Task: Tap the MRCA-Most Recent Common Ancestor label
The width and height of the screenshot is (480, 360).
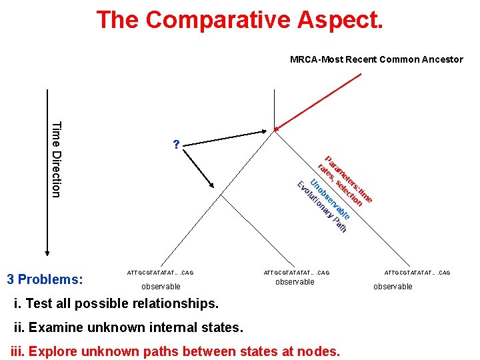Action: [x=376, y=59]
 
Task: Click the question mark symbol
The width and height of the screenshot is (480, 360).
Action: [x=175, y=145]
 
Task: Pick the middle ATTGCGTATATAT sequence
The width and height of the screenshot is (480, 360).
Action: [x=296, y=273]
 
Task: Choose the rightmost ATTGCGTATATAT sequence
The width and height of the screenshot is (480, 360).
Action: [x=417, y=273]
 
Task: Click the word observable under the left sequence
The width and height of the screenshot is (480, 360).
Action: [x=161, y=287]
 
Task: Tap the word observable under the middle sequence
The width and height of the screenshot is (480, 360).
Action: [x=295, y=282]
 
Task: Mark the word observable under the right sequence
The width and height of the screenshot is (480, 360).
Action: [x=393, y=287]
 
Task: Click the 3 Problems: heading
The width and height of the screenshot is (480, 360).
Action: [x=45, y=279]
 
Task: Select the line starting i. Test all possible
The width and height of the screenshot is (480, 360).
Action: [x=116, y=304]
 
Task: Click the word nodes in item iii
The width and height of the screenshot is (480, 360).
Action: [x=319, y=351]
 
